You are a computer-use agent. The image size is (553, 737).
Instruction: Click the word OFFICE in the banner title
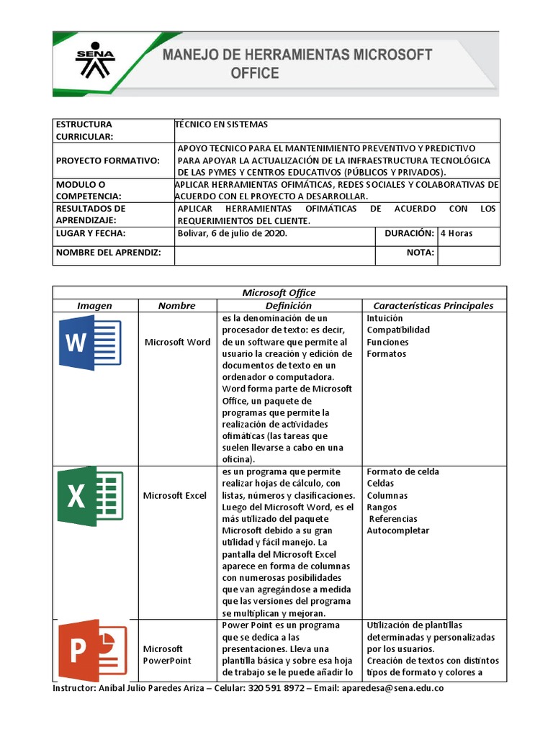click(x=254, y=73)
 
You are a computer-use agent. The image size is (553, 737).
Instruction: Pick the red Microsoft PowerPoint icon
click(x=91, y=650)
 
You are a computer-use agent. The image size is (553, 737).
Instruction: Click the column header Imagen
click(x=95, y=305)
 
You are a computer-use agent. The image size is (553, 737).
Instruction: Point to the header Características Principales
click(x=433, y=305)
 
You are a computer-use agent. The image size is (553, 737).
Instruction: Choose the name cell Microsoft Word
click(x=177, y=342)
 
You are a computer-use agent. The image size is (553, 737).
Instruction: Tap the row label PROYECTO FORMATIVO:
click(x=108, y=160)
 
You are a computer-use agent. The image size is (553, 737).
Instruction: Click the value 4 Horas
click(x=457, y=234)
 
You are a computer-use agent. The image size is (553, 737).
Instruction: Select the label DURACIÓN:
click(x=409, y=234)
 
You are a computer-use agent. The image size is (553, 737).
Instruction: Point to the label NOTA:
click(x=420, y=253)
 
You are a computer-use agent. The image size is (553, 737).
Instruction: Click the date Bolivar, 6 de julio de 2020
click(x=232, y=234)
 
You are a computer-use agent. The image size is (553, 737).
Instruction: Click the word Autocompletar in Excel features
click(x=397, y=530)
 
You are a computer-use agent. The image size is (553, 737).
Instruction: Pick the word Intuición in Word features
click(x=385, y=318)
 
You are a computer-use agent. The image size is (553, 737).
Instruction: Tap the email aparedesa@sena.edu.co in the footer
click(x=392, y=688)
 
